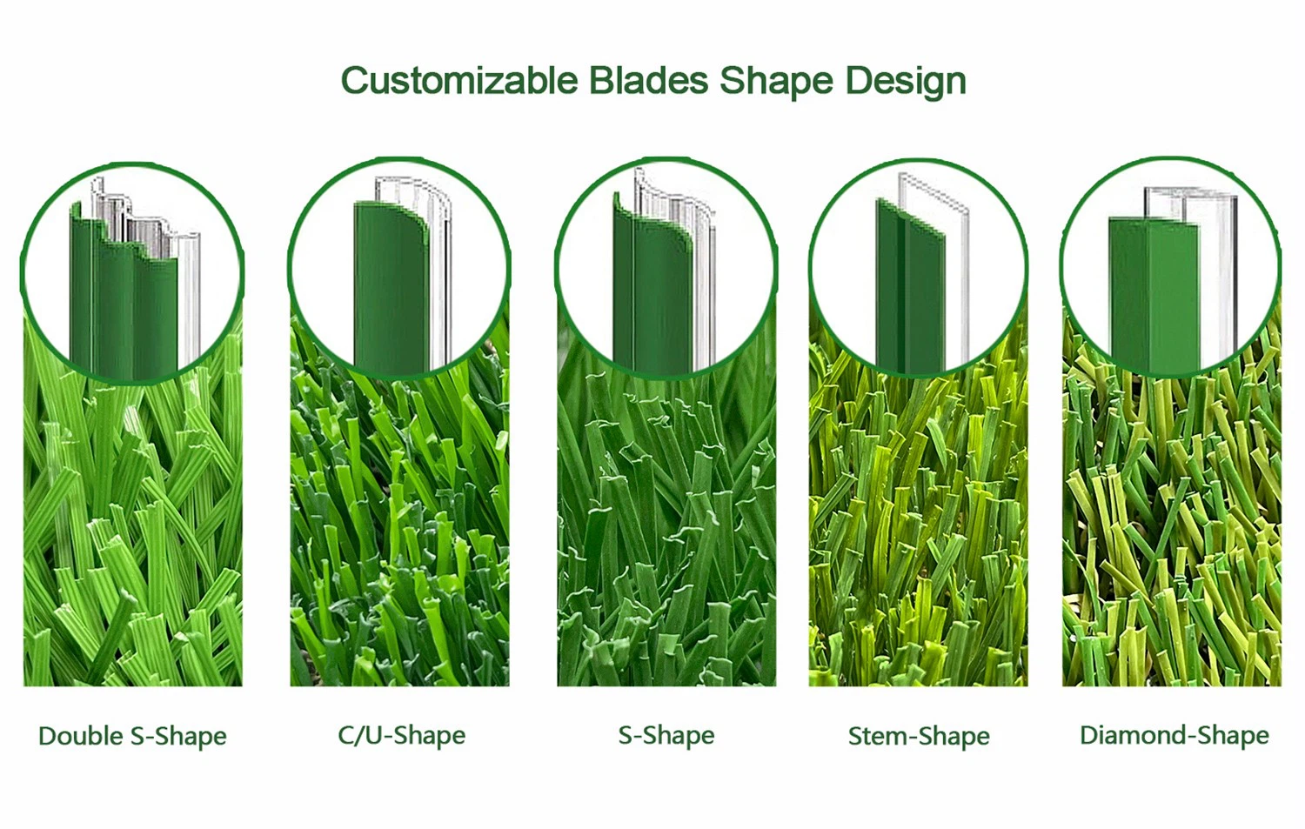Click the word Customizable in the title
coord(458,81)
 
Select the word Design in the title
coord(906,81)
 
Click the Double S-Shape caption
coord(132,736)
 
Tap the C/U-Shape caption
coord(401,735)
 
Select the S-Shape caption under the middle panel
coord(666,735)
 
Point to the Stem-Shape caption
coord(919,736)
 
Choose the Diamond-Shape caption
coord(1174,735)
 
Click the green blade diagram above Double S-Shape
coord(122,296)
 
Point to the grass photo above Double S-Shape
coord(132,539)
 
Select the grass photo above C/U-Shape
coord(399,539)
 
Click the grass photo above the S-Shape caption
coord(666,539)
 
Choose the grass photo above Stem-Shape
coord(918,539)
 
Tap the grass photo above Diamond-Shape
coord(1171,539)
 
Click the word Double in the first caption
coord(81,736)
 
